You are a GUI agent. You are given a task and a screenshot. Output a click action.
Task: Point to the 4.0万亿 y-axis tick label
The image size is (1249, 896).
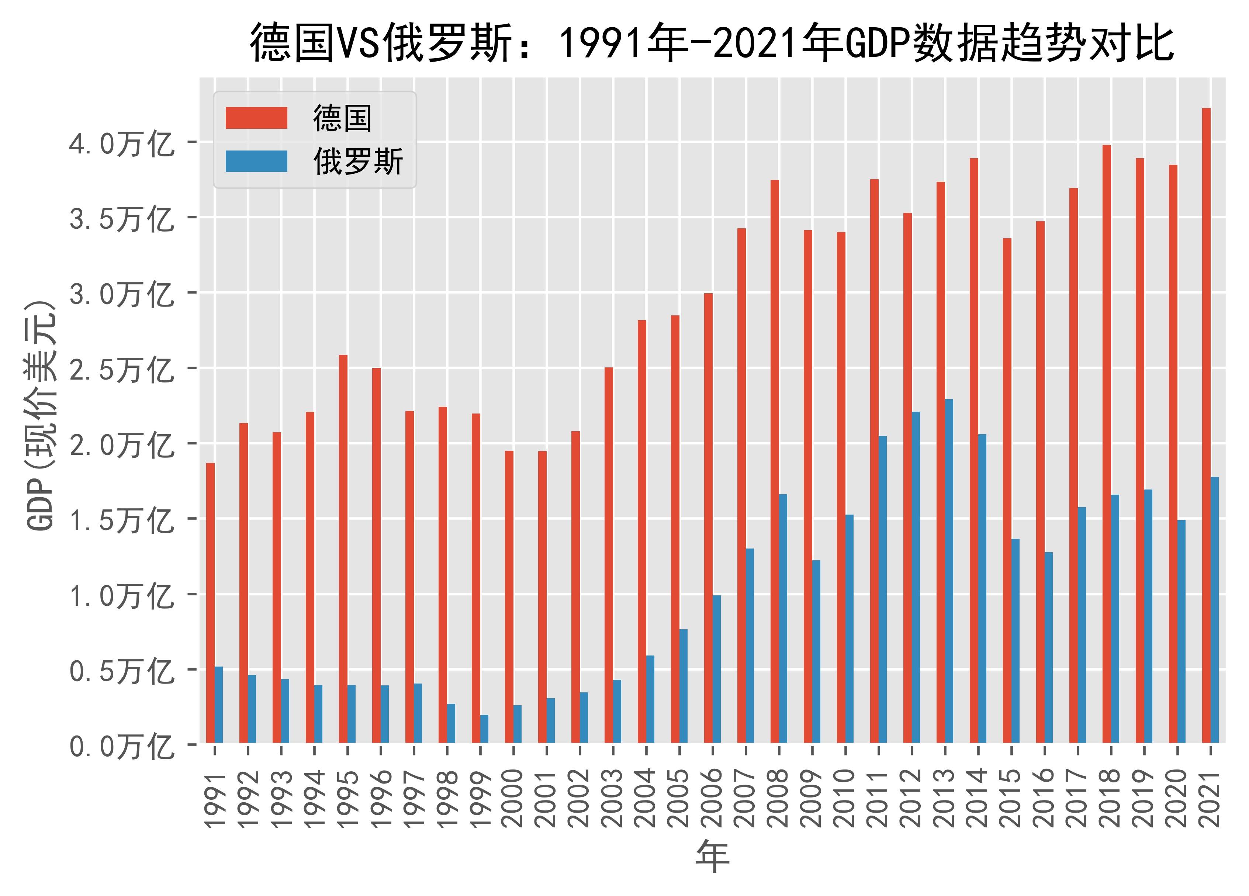pos(121,144)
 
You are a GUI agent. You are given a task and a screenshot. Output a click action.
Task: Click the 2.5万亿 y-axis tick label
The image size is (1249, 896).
pos(121,370)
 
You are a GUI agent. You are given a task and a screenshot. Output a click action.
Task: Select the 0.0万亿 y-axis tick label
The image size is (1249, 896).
pos(121,747)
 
